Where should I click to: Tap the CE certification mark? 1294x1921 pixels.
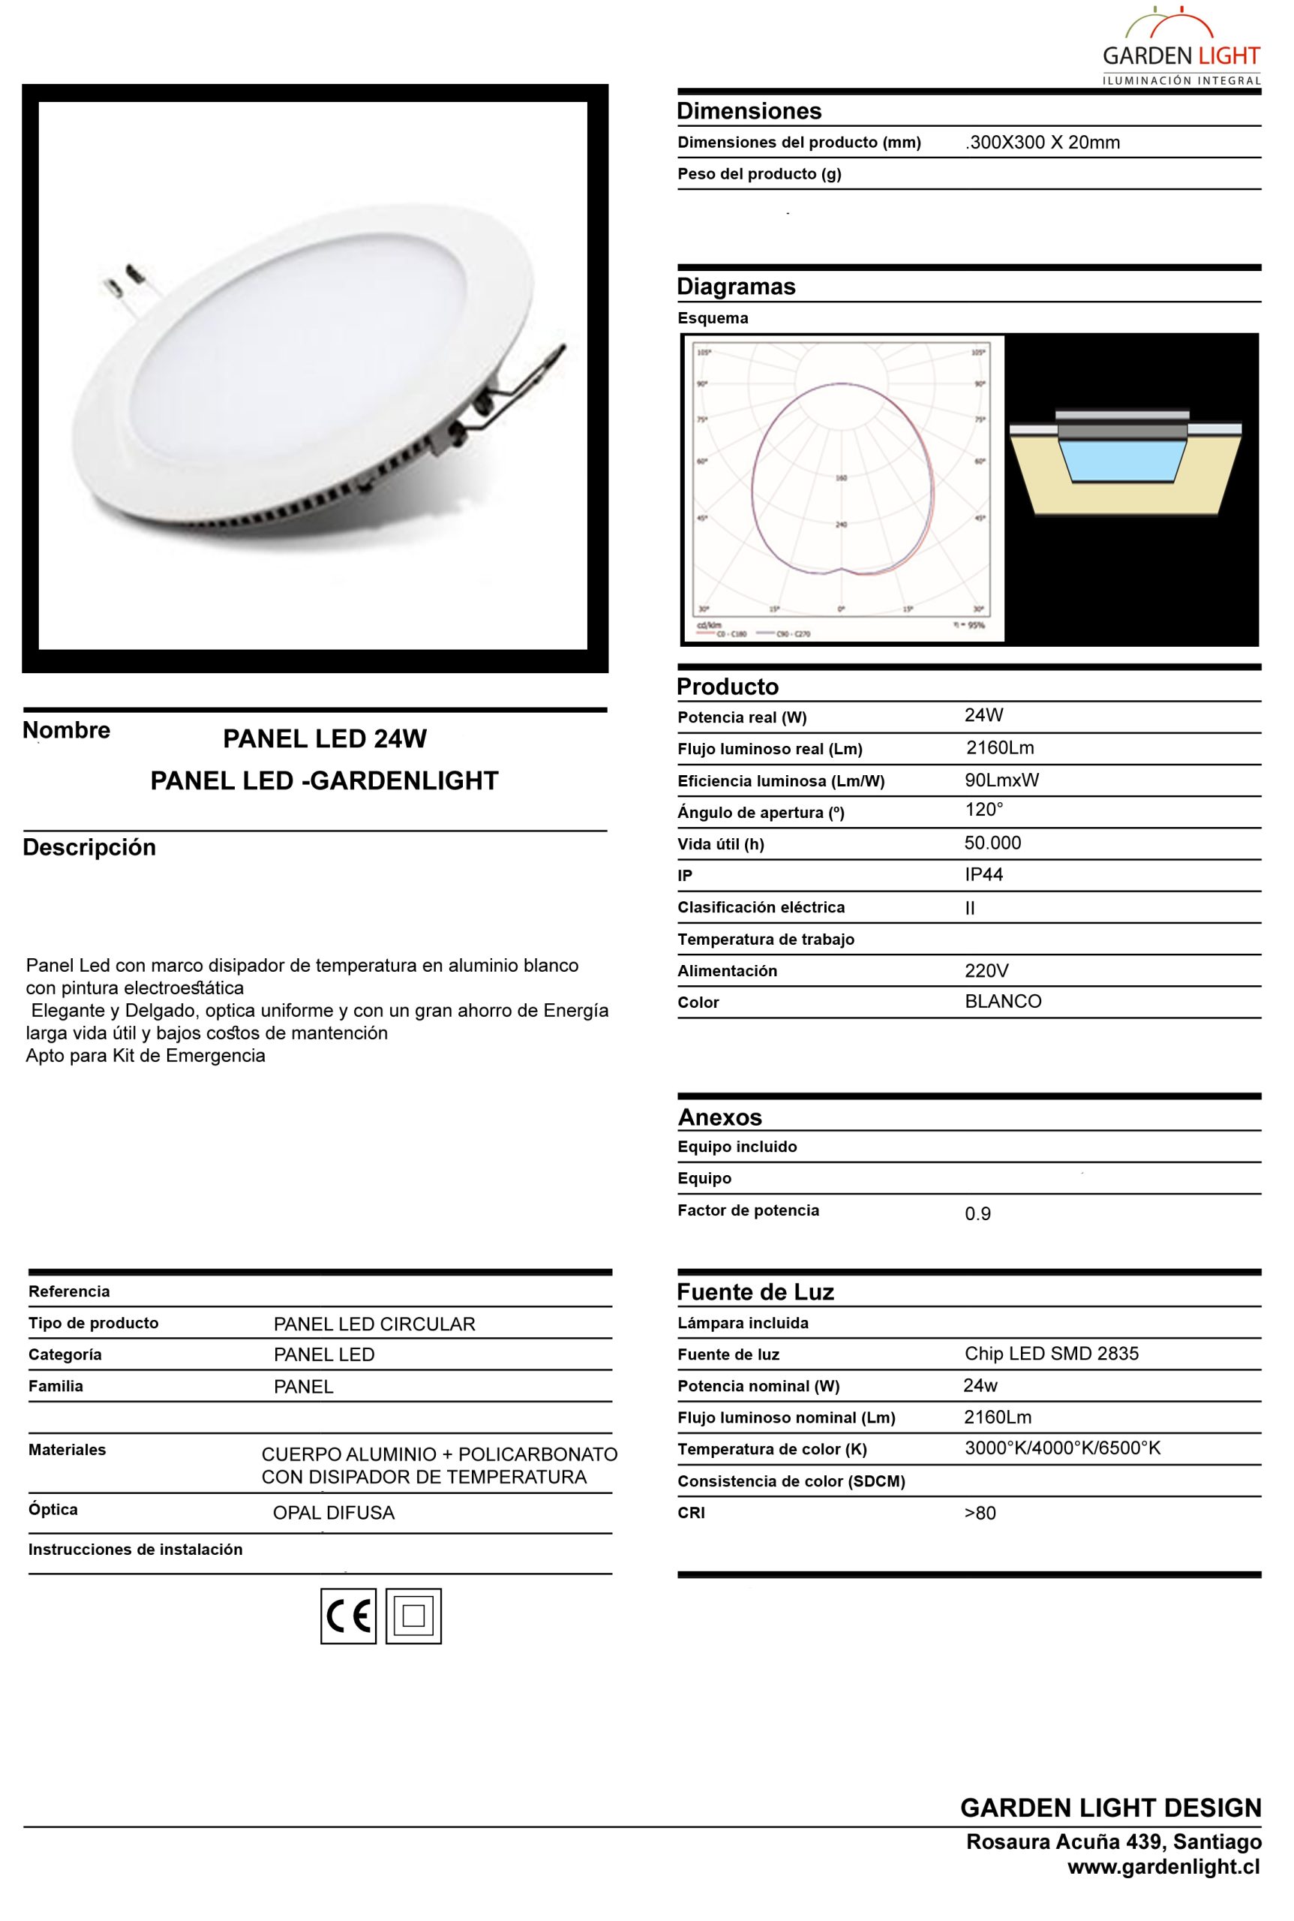pos(348,1616)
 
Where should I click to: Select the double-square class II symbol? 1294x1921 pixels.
pos(413,1616)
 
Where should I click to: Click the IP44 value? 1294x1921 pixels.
pos(983,874)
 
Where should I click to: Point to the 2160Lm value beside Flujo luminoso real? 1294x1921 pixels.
pos(999,748)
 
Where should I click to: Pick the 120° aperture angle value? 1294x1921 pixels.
pos(983,810)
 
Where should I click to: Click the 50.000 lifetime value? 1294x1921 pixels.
pos(992,843)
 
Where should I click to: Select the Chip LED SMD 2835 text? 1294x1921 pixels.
pos(1052,1353)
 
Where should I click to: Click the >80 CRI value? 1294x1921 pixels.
pos(980,1514)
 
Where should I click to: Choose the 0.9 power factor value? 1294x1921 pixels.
pos(977,1213)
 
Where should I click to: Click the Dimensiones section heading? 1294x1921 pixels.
pos(749,110)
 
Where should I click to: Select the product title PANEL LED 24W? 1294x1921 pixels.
pos(324,739)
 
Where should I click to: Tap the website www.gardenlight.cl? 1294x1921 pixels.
pos(1163,1866)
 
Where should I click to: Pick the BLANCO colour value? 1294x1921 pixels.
pos(1003,1001)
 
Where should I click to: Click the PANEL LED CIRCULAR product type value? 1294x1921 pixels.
pos(374,1324)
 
